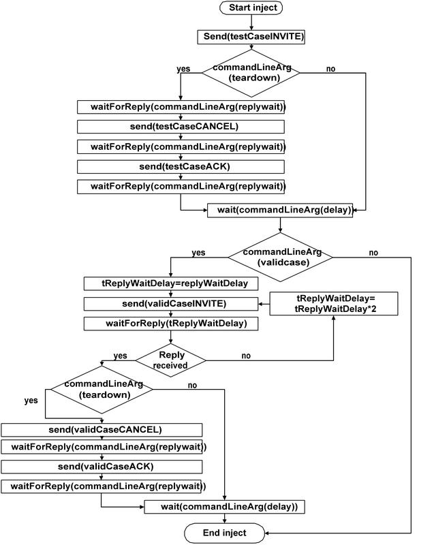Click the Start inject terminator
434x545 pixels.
click(x=251, y=9)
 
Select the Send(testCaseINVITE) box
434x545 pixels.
click(x=251, y=37)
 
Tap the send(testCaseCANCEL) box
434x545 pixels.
click(x=180, y=127)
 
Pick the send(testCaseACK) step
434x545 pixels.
click(x=180, y=166)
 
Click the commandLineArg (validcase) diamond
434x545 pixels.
click(x=280, y=256)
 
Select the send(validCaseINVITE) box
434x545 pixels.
click(x=170, y=303)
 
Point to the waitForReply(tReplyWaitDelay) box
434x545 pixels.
click(x=170, y=324)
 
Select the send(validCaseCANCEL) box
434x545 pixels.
click(x=102, y=429)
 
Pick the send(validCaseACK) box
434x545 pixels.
click(x=102, y=467)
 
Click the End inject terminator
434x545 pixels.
click(x=225, y=533)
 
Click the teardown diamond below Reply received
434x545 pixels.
click(x=102, y=389)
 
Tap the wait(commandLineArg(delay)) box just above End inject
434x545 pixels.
click(x=223, y=507)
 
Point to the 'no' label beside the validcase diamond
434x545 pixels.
click(x=373, y=253)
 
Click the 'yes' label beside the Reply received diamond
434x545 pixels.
click(x=120, y=356)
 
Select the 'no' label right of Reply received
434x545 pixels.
click(x=245, y=356)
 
